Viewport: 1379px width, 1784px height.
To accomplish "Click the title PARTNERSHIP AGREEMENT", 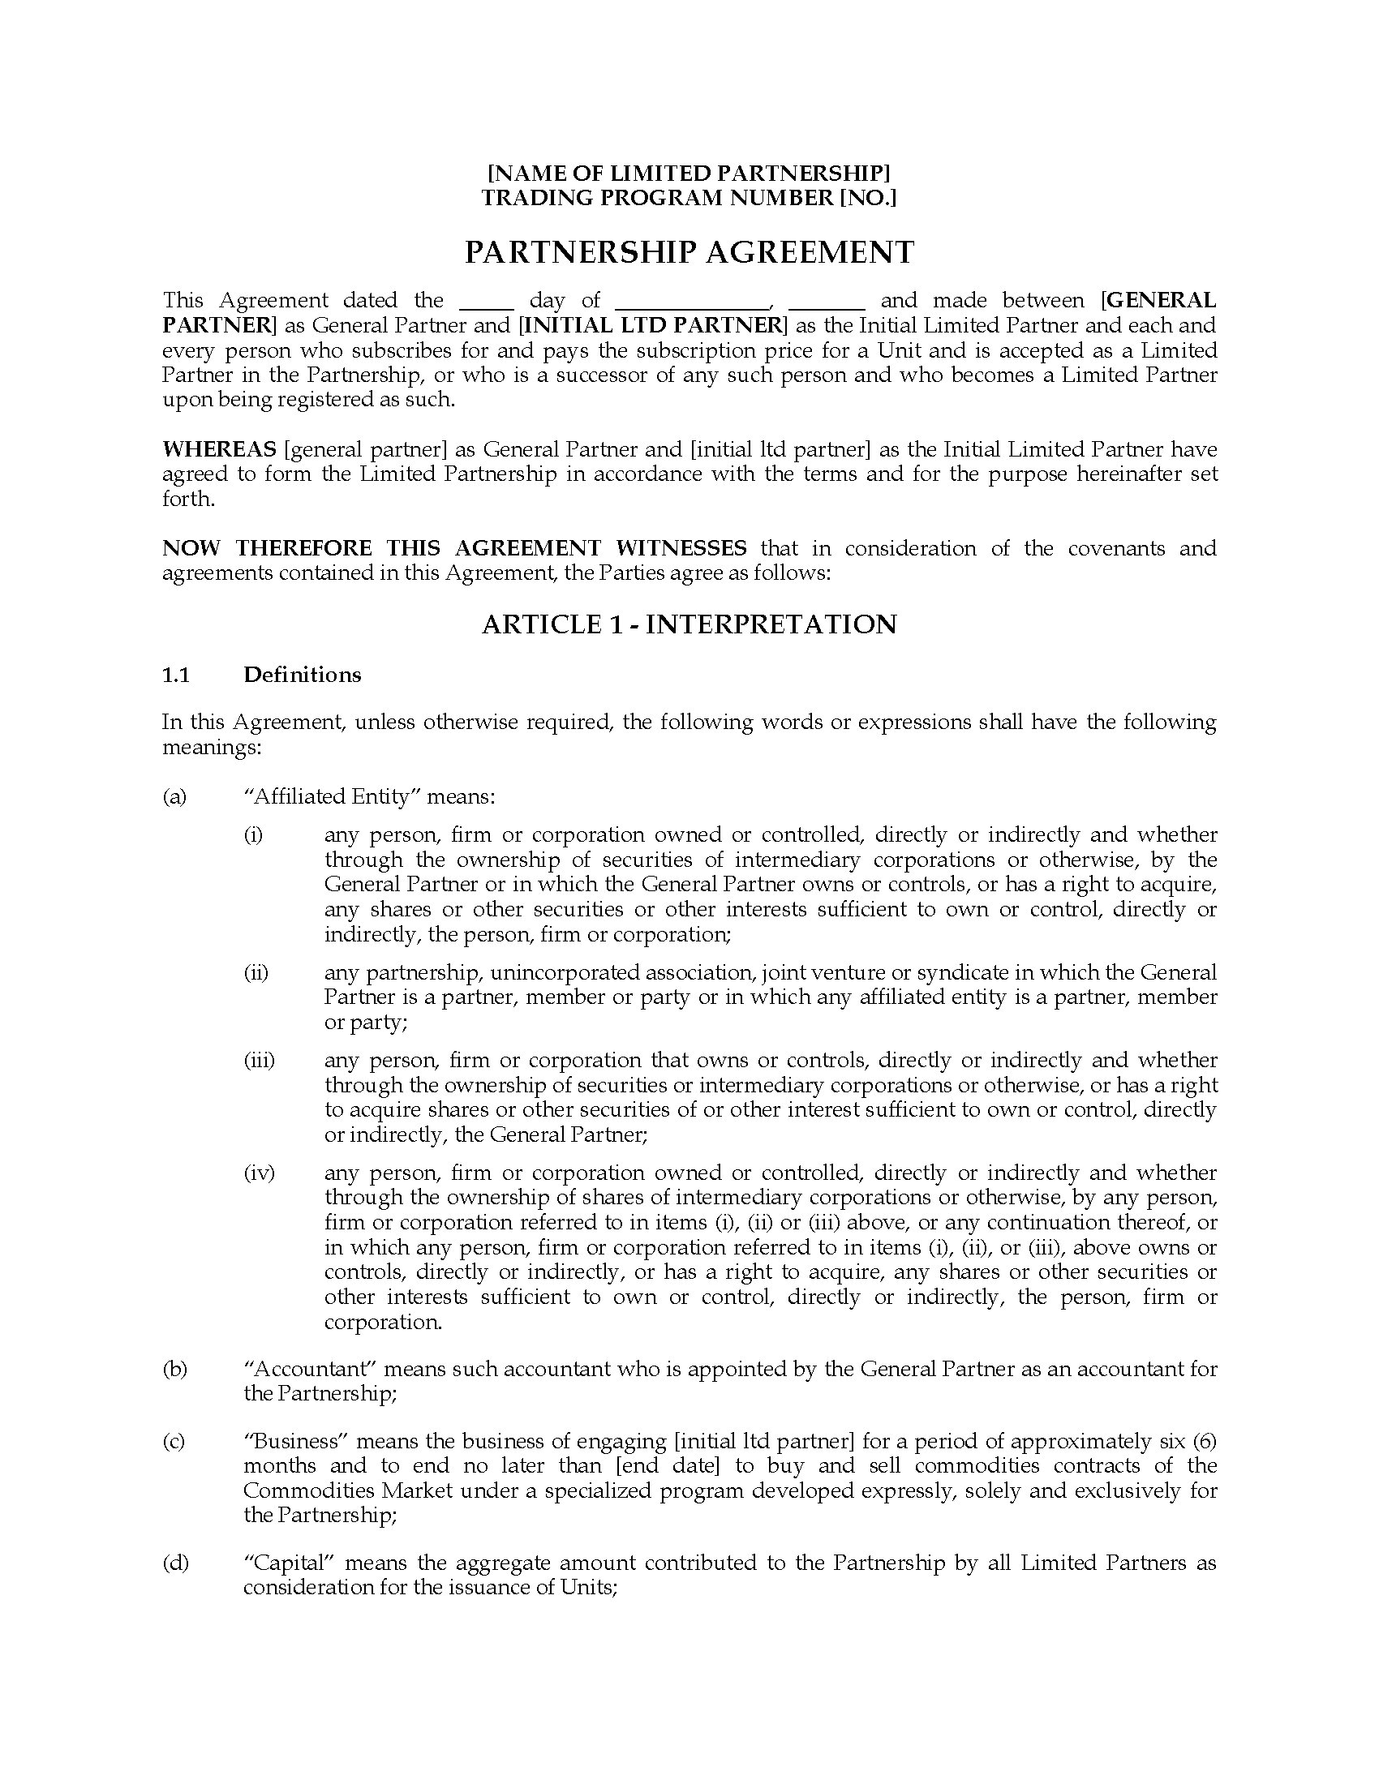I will (689, 252).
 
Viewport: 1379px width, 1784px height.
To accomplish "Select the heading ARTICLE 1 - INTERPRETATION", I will (689, 624).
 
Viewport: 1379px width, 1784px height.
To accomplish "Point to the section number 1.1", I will (176, 675).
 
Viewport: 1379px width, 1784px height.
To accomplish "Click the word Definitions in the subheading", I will (303, 675).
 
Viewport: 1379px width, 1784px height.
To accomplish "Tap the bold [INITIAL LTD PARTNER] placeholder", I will (653, 325).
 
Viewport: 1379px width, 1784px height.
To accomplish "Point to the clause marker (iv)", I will (259, 1174).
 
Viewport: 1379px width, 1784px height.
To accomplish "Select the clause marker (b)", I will (175, 1369).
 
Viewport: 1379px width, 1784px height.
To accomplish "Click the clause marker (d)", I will (175, 1563).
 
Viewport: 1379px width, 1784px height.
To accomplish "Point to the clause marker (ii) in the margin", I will (256, 973).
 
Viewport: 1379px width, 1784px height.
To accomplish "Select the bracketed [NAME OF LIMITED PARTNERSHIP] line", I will (689, 174).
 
